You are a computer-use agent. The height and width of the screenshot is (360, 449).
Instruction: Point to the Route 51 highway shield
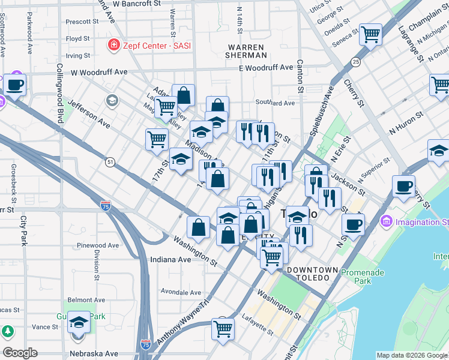click(x=109, y=162)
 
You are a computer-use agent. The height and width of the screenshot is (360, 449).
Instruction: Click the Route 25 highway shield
click(x=356, y=62)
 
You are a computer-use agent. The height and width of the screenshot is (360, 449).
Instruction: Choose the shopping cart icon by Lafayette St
click(x=223, y=329)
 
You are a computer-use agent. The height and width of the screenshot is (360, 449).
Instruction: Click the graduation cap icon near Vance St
click(x=79, y=323)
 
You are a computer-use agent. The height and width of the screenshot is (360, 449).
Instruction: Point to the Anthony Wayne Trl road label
click(x=185, y=322)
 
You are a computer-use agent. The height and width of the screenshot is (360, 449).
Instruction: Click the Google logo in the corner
click(x=20, y=353)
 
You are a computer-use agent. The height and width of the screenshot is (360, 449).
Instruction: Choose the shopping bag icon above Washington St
click(x=198, y=227)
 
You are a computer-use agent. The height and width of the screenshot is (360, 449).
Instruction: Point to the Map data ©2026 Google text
click(x=412, y=355)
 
